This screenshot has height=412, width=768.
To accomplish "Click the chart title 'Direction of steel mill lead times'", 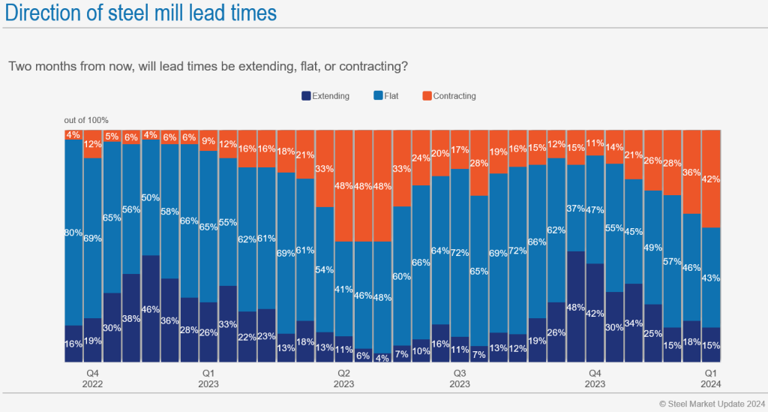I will pos(140,13).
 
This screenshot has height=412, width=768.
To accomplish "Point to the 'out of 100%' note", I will pos(86,120).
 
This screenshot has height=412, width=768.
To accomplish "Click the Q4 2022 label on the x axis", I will pos(93,377).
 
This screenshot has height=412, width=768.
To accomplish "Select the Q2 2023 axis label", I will pos(343,377).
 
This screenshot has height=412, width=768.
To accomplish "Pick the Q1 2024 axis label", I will pos(711,377).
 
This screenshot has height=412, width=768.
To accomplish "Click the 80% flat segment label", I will pos(73,233).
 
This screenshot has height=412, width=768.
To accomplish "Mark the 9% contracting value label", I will pos(209,140).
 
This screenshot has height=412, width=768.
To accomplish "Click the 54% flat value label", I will pos(325,269).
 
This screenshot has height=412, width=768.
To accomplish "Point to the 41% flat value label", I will pos(344,289).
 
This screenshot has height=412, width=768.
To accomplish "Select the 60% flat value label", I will pos(402,276).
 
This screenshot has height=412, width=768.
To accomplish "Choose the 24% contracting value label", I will pos(421,158).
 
